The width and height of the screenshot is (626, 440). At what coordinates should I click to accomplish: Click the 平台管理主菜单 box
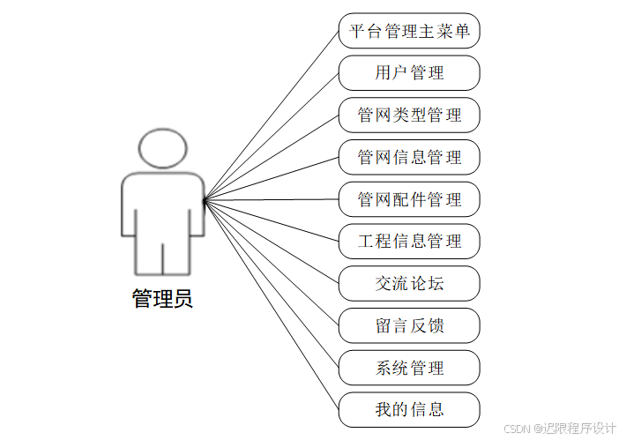click(409, 31)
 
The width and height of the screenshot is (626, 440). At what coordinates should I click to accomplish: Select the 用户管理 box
click(409, 73)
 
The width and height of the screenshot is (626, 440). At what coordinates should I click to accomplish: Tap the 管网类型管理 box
click(409, 116)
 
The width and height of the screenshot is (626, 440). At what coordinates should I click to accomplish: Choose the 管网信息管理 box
click(409, 158)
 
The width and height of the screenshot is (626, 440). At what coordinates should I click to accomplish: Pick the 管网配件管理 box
click(409, 200)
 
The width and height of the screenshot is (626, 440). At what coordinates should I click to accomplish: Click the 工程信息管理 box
click(409, 242)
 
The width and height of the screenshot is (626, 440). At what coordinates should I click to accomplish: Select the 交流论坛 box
click(409, 284)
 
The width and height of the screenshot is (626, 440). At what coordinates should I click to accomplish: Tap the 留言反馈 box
click(409, 326)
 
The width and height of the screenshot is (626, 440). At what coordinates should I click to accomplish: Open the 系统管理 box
click(409, 368)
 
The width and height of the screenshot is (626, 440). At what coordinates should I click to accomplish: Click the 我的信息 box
click(409, 410)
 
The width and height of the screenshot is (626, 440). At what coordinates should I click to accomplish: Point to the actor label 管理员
click(162, 299)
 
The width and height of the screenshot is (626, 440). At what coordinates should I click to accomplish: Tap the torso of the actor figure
click(163, 207)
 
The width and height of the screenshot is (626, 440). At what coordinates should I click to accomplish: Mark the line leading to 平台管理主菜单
click(272, 116)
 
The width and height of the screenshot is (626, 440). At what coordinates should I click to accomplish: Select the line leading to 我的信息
click(272, 305)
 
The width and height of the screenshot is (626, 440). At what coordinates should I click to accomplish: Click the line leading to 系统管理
click(272, 284)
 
